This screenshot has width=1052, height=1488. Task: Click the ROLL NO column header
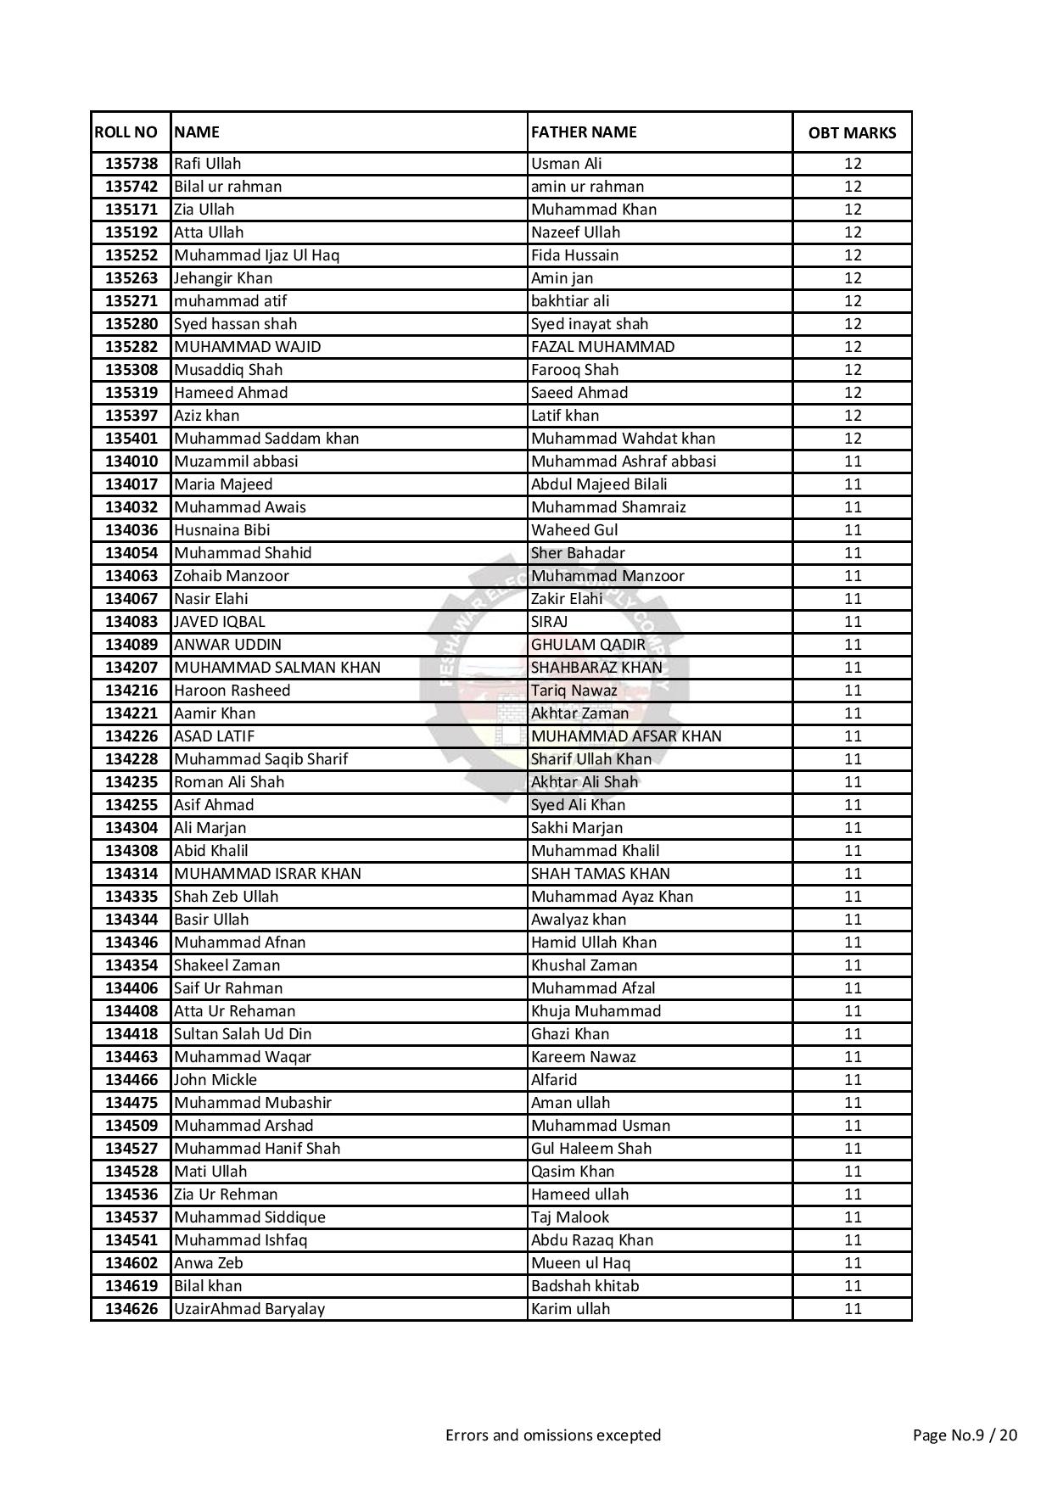(126, 132)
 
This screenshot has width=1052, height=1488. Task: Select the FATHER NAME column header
(584, 132)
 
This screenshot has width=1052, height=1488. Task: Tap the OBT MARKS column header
(852, 133)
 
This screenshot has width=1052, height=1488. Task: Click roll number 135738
(131, 164)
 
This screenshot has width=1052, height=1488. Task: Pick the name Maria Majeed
(223, 484)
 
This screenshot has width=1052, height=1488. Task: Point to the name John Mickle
(215, 1080)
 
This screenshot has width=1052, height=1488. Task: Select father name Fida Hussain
(574, 255)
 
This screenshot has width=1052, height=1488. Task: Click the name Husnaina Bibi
(222, 530)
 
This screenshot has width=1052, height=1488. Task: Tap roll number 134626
(131, 1309)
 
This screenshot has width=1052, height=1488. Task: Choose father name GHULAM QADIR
(588, 645)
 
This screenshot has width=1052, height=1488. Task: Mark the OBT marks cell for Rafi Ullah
(853, 164)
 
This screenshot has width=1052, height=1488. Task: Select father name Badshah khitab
(585, 1286)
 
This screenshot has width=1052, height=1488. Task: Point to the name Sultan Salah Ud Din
(243, 1034)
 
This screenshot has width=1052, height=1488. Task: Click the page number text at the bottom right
(965, 1435)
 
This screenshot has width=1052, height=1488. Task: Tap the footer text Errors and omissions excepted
(553, 1435)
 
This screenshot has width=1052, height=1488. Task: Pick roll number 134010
(131, 462)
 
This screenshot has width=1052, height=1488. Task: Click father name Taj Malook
(570, 1217)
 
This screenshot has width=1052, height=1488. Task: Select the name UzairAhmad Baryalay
(249, 1309)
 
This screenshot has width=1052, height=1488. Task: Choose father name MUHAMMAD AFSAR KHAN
(626, 736)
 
